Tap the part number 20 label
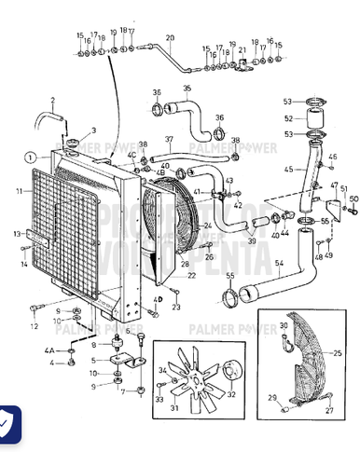(x=170, y=38)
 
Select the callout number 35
(x=187, y=89)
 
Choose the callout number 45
(x=288, y=169)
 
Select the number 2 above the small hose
(x=53, y=100)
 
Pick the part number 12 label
(x=34, y=326)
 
